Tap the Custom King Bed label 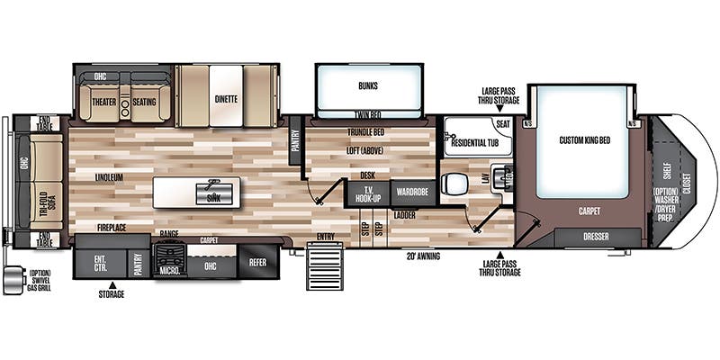[x=585, y=140]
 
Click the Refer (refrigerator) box [x=258, y=263]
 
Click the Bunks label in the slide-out [x=367, y=87]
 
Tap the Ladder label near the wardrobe [x=404, y=216]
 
